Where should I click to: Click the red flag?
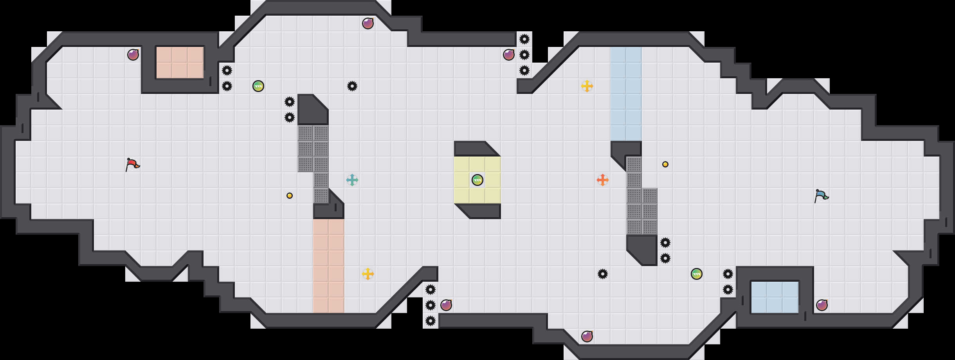click(x=132, y=164)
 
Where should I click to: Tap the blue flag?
click(x=821, y=196)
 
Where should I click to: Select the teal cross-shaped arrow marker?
click(x=352, y=180)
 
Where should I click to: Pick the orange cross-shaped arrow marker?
click(x=602, y=180)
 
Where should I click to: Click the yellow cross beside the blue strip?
click(x=587, y=86)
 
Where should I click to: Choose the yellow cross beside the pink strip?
click(x=368, y=274)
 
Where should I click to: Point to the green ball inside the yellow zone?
click(x=477, y=180)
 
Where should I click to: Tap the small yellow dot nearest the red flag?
click(x=289, y=196)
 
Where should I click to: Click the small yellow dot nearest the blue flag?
click(x=665, y=164)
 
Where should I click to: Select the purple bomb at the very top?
click(x=368, y=23)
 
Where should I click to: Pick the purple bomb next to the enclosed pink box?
click(x=133, y=55)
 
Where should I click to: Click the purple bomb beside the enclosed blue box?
click(x=822, y=305)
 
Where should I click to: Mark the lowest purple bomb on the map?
click(x=587, y=337)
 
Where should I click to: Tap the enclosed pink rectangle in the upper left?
click(x=180, y=63)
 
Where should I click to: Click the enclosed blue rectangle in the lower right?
click(x=775, y=297)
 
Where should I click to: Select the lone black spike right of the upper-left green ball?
click(x=352, y=86)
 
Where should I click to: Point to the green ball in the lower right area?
click(x=696, y=274)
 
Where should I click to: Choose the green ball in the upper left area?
click(x=258, y=86)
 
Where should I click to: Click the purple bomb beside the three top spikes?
click(x=508, y=55)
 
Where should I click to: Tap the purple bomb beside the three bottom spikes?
click(x=446, y=305)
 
